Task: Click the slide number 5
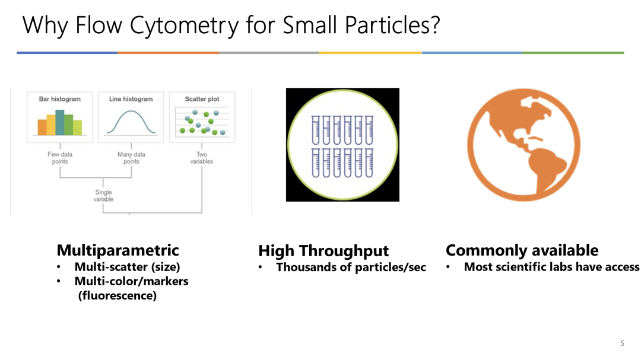coord(622,343)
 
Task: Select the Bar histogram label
coord(60,99)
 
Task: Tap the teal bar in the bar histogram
coord(60,123)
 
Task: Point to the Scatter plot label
coord(202,99)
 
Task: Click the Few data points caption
coord(60,158)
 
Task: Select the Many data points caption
coord(131,158)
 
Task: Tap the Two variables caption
coord(202,158)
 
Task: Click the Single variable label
coord(103,195)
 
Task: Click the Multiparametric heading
coord(118,250)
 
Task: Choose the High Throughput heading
coord(323,250)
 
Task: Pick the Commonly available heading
coord(522,250)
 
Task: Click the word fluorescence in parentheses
coord(118,295)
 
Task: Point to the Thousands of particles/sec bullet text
coord(351,267)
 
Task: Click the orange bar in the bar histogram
coord(42,127)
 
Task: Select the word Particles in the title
coord(392,26)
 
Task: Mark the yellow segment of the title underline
coord(370,53)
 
